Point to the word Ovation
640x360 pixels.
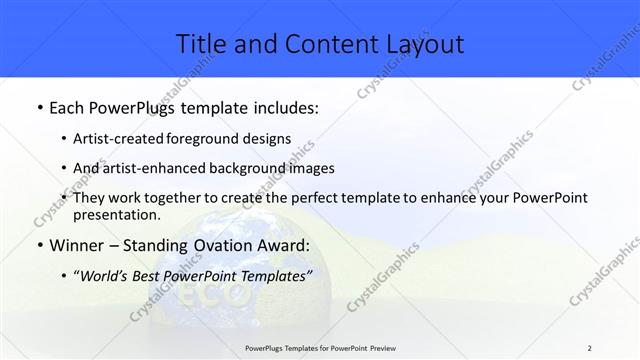point(220,245)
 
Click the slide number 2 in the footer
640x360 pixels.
point(590,347)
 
